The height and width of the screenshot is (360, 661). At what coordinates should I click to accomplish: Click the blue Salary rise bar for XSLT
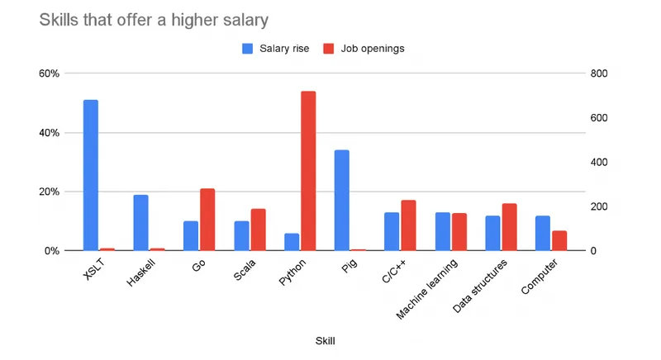pyautogui.click(x=91, y=175)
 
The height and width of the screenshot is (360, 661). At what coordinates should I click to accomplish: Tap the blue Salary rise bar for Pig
pyautogui.click(x=341, y=200)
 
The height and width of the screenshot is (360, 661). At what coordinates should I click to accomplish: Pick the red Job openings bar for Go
pyautogui.click(x=207, y=220)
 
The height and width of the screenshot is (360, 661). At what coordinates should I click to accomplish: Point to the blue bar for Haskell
pyautogui.click(x=140, y=222)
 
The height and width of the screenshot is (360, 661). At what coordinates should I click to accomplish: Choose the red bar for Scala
pyautogui.click(x=258, y=230)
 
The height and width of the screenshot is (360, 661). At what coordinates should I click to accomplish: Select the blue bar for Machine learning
pyautogui.click(x=442, y=231)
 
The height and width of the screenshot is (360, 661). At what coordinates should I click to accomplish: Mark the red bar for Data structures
pyautogui.click(x=509, y=227)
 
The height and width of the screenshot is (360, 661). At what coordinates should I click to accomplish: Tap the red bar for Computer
pyautogui.click(x=559, y=240)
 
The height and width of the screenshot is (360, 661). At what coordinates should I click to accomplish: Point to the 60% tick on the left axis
pyautogui.click(x=49, y=73)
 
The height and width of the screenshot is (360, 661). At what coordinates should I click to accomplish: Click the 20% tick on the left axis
pyautogui.click(x=49, y=192)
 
